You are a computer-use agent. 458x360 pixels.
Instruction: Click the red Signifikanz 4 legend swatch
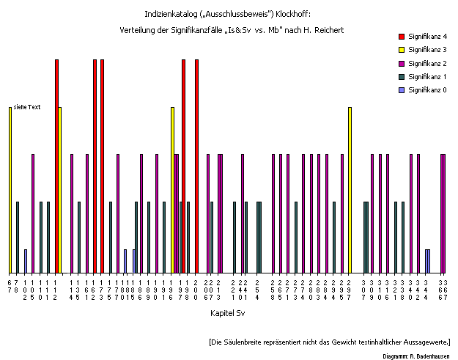(x=401, y=36)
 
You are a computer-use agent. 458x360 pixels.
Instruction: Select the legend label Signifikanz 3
(x=428, y=50)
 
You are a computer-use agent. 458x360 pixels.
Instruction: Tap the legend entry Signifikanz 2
(x=428, y=63)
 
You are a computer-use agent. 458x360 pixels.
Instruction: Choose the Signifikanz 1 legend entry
(x=428, y=76)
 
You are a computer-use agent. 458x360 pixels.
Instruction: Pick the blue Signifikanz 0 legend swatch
(x=401, y=90)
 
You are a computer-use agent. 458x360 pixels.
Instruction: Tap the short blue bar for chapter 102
(x=26, y=260)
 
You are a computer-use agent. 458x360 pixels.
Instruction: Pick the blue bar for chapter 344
(x=428, y=260)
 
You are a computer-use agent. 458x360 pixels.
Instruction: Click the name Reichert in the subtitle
(x=328, y=29)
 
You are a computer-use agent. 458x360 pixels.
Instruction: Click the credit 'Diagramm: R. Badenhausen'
(x=415, y=356)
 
